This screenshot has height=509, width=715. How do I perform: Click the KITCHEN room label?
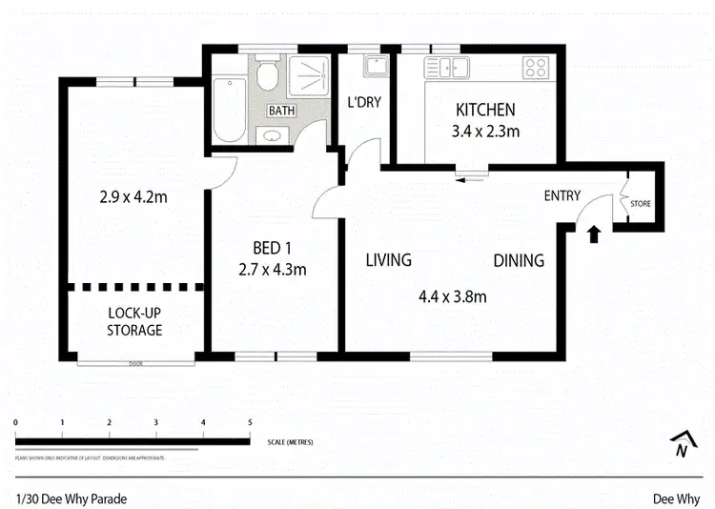point(484,110)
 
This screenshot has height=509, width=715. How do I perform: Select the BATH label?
point(281,112)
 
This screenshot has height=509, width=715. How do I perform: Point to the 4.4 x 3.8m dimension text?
point(453,296)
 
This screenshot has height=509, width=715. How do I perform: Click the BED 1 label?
point(272,249)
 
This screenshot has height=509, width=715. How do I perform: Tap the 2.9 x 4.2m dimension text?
point(133,198)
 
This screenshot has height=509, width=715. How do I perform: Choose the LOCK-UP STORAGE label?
point(134,321)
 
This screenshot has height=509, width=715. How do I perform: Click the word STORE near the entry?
point(641,203)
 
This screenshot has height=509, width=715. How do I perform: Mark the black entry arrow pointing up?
point(594,234)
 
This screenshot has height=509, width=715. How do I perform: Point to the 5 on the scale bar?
point(250,422)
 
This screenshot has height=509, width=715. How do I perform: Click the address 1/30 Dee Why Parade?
point(71,498)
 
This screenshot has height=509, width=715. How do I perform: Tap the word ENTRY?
point(562,195)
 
